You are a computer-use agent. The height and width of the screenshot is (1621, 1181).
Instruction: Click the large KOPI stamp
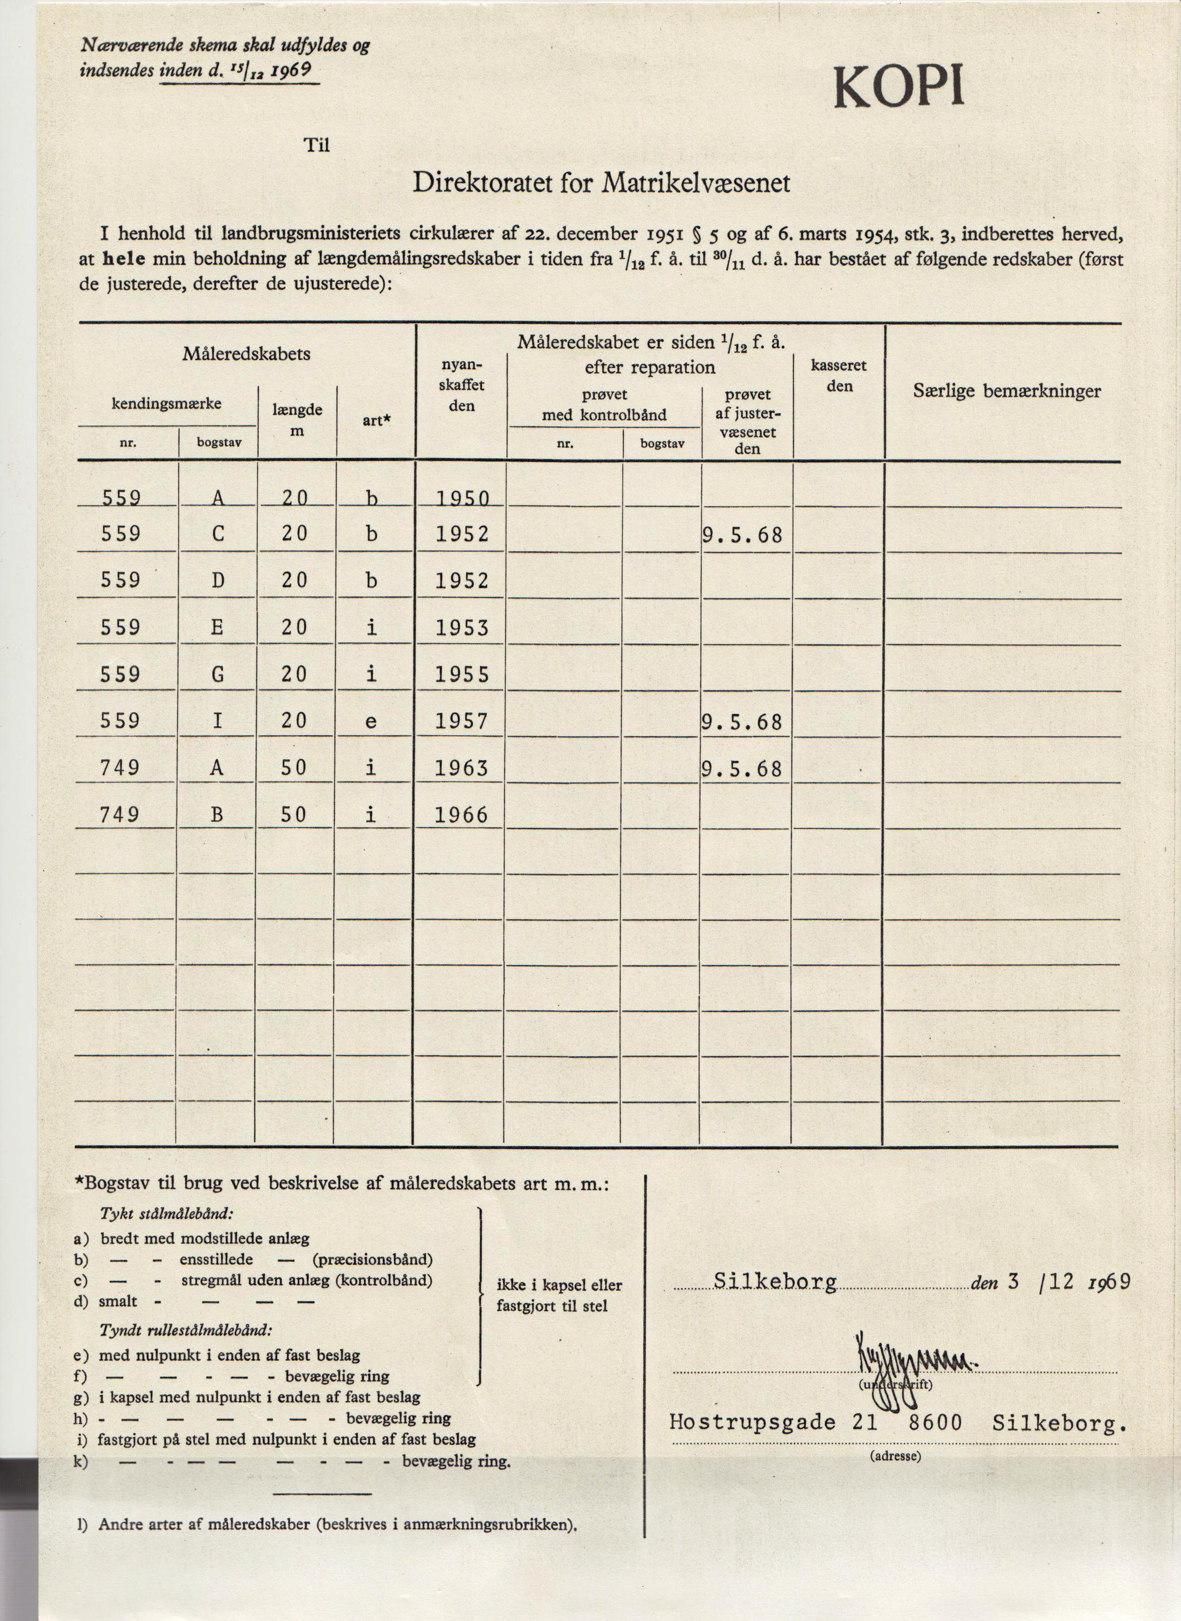(898, 88)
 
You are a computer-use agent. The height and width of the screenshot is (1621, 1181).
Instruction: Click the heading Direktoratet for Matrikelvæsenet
(602, 184)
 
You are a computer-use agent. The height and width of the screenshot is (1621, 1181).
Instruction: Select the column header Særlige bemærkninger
(1006, 391)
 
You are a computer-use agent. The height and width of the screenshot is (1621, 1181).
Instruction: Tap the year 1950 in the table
(462, 498)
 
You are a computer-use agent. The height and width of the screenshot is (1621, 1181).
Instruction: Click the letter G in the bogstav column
(218, 674)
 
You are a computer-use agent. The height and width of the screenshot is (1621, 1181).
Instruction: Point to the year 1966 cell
(462, 815)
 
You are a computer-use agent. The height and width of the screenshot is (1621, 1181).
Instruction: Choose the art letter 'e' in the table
(371, 722)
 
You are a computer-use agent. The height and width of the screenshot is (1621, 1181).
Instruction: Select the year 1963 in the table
(462, 768)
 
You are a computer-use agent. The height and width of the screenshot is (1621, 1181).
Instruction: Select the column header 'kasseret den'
(839, 376)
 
